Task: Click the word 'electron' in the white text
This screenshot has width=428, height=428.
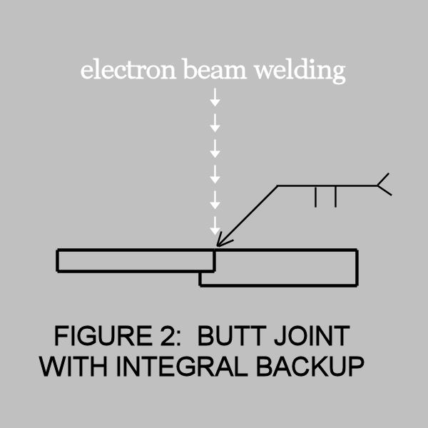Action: click(128, 69)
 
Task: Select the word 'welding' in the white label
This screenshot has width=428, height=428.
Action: click(300, 71)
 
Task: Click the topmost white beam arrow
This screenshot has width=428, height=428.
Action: click(215, 97)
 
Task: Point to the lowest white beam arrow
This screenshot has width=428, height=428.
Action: click(215, 225)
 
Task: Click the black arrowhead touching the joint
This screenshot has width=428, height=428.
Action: click(223, 240)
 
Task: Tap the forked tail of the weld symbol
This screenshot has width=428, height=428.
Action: click(384, 184)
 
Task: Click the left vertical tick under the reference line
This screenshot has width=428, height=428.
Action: click(315, 197)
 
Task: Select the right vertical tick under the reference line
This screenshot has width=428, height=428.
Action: click(335, 197)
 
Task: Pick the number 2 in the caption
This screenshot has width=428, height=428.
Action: click(167, 335)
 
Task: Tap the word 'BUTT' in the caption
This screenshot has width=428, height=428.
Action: click(232, 335)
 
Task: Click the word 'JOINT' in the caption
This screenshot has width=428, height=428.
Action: click(312, 335)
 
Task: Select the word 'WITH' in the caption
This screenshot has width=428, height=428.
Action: click(73, 366)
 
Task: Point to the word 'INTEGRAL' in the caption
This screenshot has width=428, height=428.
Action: click(182, 366)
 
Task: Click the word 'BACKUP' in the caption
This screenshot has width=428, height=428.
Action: click(310, 366)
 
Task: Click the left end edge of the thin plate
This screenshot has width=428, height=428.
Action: click(57, 260)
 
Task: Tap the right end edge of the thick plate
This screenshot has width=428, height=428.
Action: click(357, 267)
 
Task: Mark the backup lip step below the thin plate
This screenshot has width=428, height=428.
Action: click(200, 279)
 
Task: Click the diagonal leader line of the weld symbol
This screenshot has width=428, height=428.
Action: click(248, 215)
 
